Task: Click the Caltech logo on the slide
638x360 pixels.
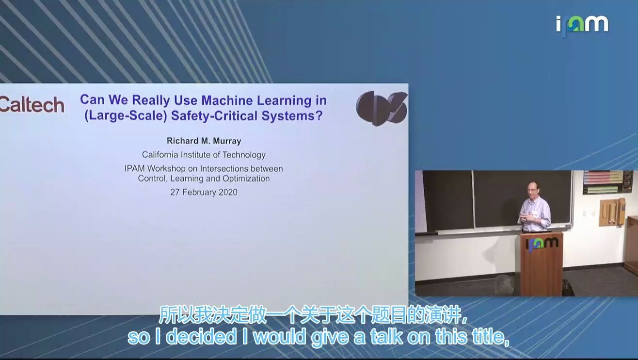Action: [32, 105]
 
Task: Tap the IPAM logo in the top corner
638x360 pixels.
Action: [582, 25]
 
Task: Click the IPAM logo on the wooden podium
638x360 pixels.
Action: [542, 244]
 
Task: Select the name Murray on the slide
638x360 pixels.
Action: [227, 141]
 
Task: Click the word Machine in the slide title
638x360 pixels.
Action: [227, 100]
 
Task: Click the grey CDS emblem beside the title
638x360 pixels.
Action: [382, 108]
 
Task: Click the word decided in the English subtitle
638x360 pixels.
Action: [201, 337]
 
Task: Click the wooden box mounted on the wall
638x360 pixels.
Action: [612, 213]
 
